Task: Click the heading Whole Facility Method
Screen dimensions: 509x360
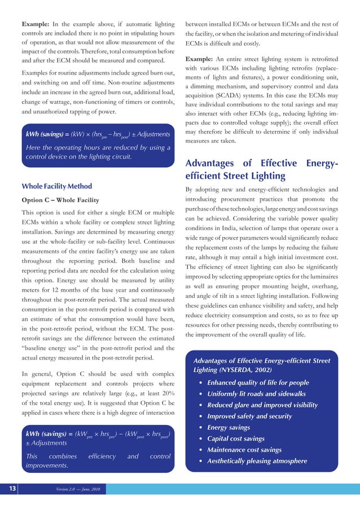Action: click(56, 186)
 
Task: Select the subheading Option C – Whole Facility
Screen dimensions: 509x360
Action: click(60, 200)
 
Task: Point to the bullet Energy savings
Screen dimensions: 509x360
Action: click(229, 428)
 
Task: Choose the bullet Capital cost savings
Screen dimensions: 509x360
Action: click(236, 439)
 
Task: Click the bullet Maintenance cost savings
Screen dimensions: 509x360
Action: click(244, 450)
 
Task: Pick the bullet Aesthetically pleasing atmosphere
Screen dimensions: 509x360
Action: click(257, 461)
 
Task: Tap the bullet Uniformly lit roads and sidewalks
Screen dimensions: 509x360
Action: click(256, 394)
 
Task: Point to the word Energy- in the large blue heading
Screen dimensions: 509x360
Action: click(319, 164)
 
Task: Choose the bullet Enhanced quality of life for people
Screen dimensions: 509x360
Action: click(258, 383)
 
